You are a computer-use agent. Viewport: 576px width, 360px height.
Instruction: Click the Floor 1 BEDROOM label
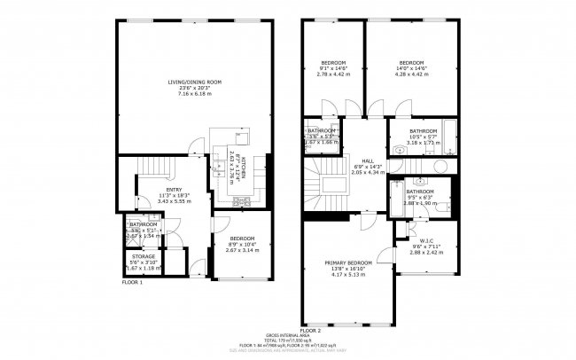[x=243, y=239]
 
